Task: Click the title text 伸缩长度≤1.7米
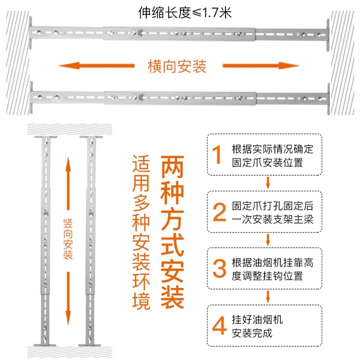[x=185, y=13]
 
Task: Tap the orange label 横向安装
[x=177, y=67]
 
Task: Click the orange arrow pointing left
[x=97, y=65]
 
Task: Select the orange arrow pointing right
[x=261, y=65]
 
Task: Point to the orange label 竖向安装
[x=68, y=239]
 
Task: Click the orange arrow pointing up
[x=68, y=184]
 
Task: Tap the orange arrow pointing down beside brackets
[x=68, y=298]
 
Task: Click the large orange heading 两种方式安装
[x=172, y=232]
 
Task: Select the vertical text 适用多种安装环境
[x=141, y=232]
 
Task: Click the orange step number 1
[x=217, y=155]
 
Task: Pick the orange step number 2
[x=219, y=212]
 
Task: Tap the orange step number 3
[x=219, y=268]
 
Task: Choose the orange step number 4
[x=219, y=326]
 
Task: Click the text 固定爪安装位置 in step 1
[x=268, y=163]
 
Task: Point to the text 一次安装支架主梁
[x=272, y=220]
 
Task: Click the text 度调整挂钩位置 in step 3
[x=268, y=276]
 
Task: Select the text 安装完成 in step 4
[x=252, y=333]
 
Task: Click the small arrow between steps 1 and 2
[x=268, y=183]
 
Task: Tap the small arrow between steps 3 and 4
[x=268, y=296]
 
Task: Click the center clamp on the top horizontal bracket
[x=137, y=32]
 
